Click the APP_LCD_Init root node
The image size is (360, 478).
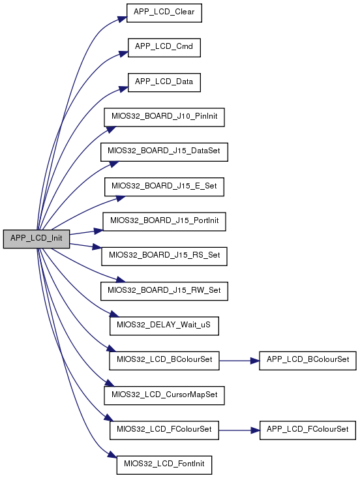37,239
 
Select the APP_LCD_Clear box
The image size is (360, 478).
164,13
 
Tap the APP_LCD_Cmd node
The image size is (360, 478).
164,48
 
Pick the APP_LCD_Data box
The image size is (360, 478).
164,82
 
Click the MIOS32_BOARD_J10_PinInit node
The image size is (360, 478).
164,117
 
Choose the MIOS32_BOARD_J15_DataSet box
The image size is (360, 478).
164,152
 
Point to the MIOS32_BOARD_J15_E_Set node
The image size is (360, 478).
164,187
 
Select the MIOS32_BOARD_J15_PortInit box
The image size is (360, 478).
164,221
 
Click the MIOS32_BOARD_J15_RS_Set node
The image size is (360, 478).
164,256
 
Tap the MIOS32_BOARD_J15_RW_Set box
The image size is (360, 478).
164,291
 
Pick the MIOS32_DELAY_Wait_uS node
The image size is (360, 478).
164,326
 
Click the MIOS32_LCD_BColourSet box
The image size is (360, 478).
164,361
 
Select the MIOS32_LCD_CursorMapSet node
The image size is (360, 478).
164,395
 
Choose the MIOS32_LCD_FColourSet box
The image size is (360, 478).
164,430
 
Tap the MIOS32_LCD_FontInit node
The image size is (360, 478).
164,465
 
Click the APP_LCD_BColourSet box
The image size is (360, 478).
308,361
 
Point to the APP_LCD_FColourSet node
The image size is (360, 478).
308,430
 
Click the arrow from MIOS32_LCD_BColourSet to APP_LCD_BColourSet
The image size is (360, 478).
239,361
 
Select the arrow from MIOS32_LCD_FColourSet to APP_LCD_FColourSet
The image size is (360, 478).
239,430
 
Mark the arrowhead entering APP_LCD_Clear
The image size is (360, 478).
123,19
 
